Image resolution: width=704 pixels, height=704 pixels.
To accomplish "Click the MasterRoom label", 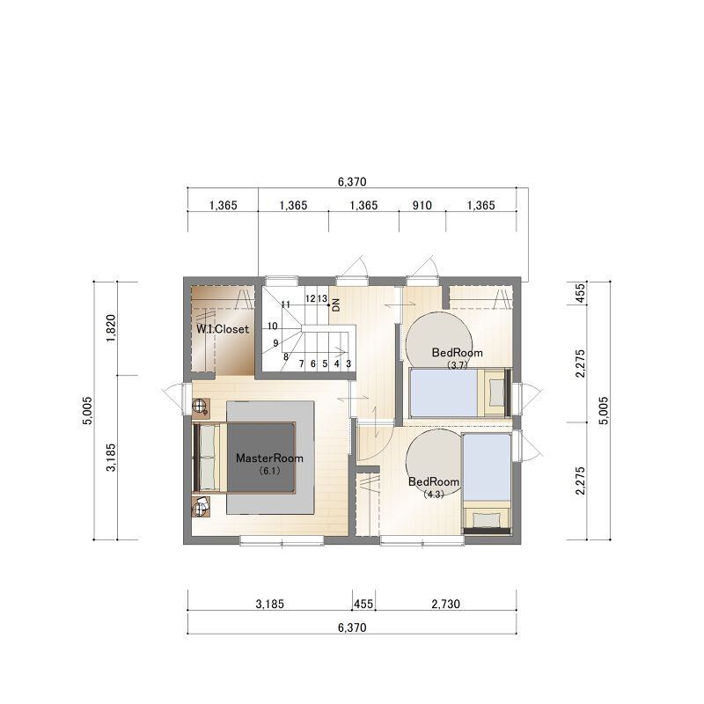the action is tap(269, 458).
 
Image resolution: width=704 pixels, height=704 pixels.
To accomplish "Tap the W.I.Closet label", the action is tap(223, 329).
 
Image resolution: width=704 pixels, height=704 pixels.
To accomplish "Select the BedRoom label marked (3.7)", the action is tap(457, 353).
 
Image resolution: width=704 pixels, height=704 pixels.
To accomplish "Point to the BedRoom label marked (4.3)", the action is tap(433, 481).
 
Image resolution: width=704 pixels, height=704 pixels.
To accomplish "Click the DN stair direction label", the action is tap(336, 305).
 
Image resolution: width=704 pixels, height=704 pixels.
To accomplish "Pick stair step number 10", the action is tap(273, 326).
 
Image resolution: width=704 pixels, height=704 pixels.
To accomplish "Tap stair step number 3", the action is tap(348, 363).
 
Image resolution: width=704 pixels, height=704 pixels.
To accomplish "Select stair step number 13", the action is tap(322, 298).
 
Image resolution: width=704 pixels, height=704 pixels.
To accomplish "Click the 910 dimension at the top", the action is tap(422, 205).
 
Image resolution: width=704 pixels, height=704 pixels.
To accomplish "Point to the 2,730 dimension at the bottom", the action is tap(446, 604).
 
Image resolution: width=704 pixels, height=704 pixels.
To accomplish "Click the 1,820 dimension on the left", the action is tap(111, 327).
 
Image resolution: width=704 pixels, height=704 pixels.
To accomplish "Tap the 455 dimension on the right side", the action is tap(580, 293).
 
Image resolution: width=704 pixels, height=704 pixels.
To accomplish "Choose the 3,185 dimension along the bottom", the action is tap(270, 604).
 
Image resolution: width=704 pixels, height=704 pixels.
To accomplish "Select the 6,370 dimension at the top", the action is tap(352, 182).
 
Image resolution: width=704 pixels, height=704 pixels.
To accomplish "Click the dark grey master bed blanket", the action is tap(260, 458).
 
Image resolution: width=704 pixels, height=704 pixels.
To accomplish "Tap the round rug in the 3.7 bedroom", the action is tap(438, 341).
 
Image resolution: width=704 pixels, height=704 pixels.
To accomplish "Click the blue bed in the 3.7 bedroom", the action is tap(444, 392).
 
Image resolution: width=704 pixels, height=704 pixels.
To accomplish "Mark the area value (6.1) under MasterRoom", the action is tap(269, 471).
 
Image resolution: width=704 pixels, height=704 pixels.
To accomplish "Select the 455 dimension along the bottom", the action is tap(363, 604).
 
